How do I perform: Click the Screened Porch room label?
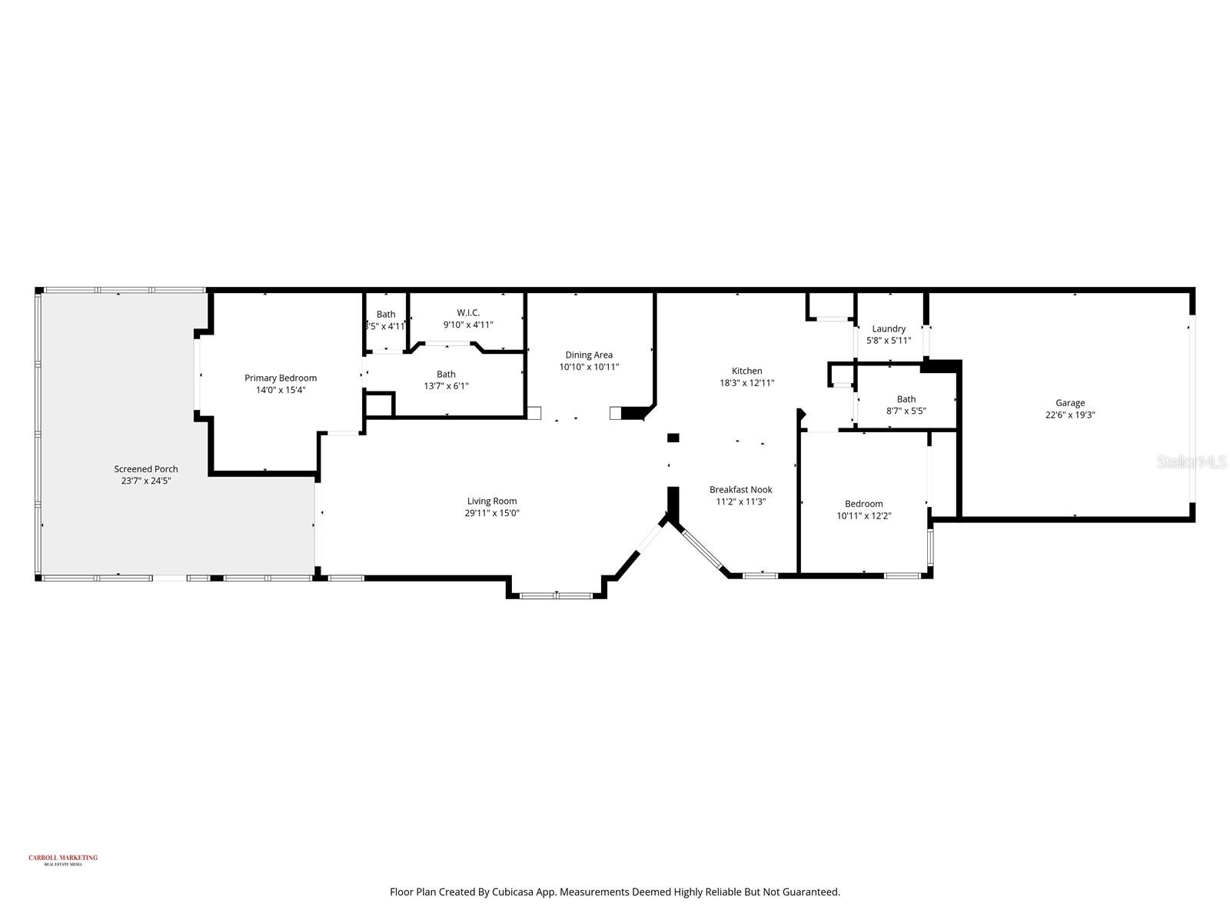click(146, 468)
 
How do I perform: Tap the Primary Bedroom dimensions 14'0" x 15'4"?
click(281, 390)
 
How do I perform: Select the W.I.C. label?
click(468, 312)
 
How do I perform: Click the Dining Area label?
click(589, 355)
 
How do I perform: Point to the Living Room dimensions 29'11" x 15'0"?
click(492, 513)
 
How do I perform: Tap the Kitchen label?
click(746, 371)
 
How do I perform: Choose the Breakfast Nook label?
click(740, 489)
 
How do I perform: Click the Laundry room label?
click(889, 328)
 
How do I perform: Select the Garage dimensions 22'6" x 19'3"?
click(1069, 415)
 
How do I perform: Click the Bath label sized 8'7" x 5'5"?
click(906, 398)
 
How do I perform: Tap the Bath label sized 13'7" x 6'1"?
click(446, 374)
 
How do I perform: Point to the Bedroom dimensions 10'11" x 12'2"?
click(863, 516)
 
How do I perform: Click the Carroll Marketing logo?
click(63, 859)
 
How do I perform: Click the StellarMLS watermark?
click(1192, 461)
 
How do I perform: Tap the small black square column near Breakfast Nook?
click(673, 438)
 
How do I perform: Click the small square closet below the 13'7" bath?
click(379, 405)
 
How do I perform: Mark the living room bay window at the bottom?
click(556, 595)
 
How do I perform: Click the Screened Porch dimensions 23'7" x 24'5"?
click(146, 481)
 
